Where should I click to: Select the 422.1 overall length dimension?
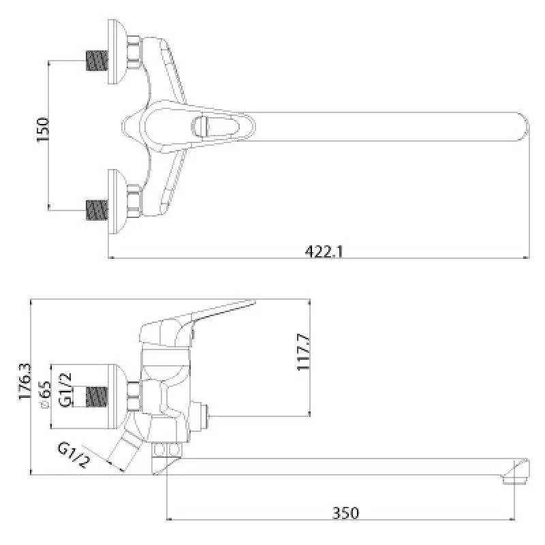(x=324, y=251)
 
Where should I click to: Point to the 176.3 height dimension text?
(x=25, y=381)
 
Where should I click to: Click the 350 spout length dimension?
(x=347, y=512)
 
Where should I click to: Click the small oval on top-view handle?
(x=203, y=127)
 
